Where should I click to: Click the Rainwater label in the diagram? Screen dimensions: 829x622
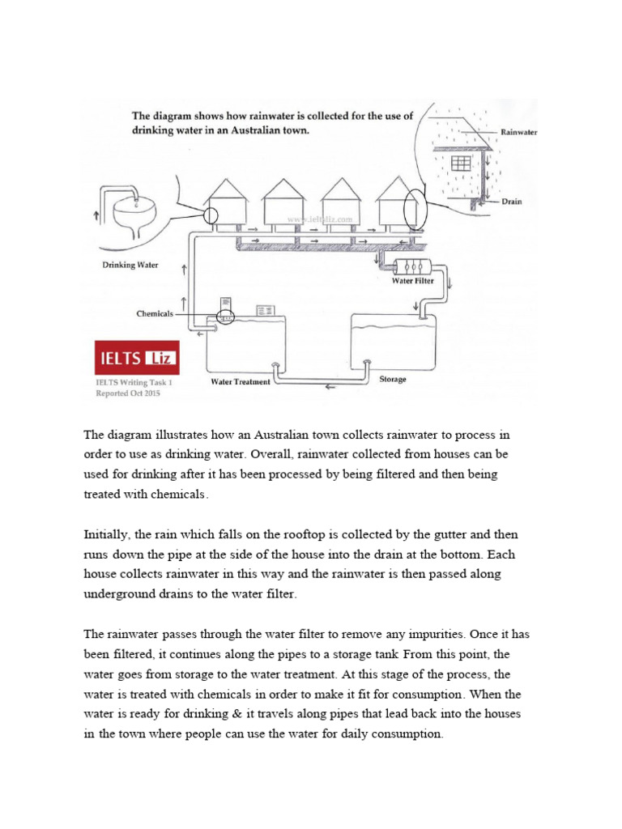[x=519, y=131]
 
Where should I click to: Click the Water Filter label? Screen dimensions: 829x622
[x=413, y=282]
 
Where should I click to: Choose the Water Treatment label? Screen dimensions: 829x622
[x=240, y=381]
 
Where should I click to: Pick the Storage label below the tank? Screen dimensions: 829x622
[x=393, y=379]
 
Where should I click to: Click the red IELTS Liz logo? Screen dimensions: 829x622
[x=136, y=357]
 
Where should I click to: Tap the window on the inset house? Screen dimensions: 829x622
[x=461, y=163]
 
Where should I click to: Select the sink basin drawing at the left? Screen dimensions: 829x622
[x=135, y=214]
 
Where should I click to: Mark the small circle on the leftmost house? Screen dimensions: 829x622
[x=210, y=215]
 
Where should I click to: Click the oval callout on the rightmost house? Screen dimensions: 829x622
[x=411, y=208]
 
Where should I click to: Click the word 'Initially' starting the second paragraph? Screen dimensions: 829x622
[x=106, y=535]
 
